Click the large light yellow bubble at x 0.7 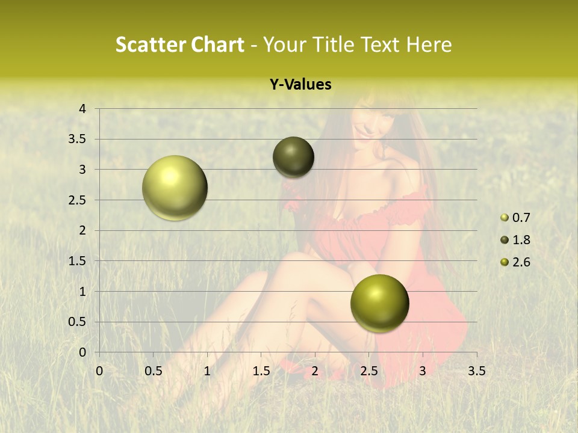tap(175, 188)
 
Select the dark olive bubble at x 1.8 tap(294, 157)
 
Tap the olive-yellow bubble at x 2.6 tap(379, 303)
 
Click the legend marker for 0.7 tap(505, 218)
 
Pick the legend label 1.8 tap(521, 240)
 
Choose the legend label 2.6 tap(521, 262)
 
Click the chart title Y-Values tap(300, 85)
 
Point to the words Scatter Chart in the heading tap(179, 45)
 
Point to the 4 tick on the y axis tap(82, 109)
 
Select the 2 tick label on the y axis tap(82, 230)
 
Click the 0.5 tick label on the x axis tap(153, 371)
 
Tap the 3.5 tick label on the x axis tap(476, 371)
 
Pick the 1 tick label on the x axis tap(207, 371)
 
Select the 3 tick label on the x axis tap(423, 371)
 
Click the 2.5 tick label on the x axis tap(368, 371)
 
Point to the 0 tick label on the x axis tap(99, 371)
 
